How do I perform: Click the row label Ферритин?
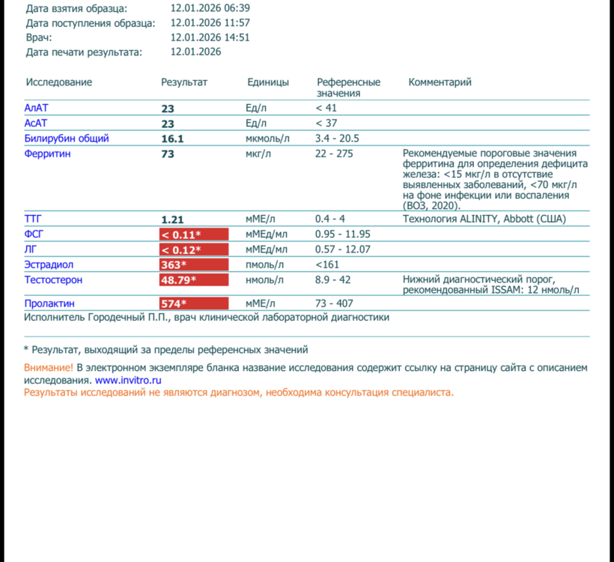pyautogui.click(x=48, y=154)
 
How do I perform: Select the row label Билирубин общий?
pyautogui.click(x=67, y=139)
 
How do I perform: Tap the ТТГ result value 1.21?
pyautogui.click(x=172, y=220)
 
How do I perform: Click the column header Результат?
pyautogui.click(x=184, y=82)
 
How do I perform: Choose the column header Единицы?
pyautogui.click(x=268, y=82)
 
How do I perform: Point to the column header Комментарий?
pyautogui.click(x=440, y=82)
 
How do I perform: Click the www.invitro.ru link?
pyautogui.click(x=128, y=381)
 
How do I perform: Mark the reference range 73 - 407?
pyautogui.click(x=334, y=303)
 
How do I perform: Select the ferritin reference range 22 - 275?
pyautogui.click(x=334, y=154)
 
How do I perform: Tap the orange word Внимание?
pyautogui.click(x=49, y=368)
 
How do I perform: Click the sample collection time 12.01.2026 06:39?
pyautogui.click(x=210, y=8)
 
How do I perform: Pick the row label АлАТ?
pyautogui.click(x=36, y=108)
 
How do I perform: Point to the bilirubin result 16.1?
pyautogui.click(x=172, y=139)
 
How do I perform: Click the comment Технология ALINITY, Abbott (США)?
pyautogui.click(x=484, y=219)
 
